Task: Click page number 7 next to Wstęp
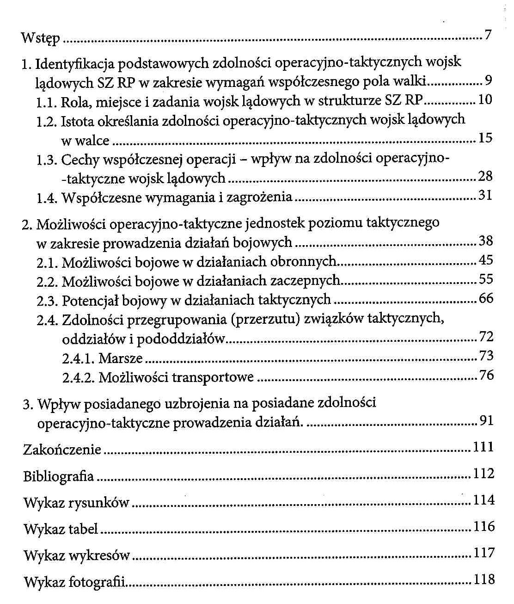click(487, 35)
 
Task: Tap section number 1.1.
click(47, 102)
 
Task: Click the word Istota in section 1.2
click(77, 121)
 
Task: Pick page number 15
click(485, 138)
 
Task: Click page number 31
click(485, 196)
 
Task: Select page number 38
click(486, 241)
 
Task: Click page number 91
click(486, 421)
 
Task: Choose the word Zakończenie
click(62, 450)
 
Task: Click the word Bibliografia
click(58, 476)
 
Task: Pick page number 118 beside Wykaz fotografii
click(484, 579)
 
